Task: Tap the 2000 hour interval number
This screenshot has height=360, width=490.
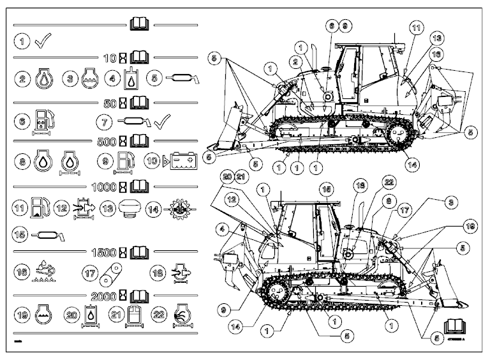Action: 105,296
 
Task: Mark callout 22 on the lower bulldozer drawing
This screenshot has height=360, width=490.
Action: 371,183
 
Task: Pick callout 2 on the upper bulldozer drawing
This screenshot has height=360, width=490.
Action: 296,61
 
